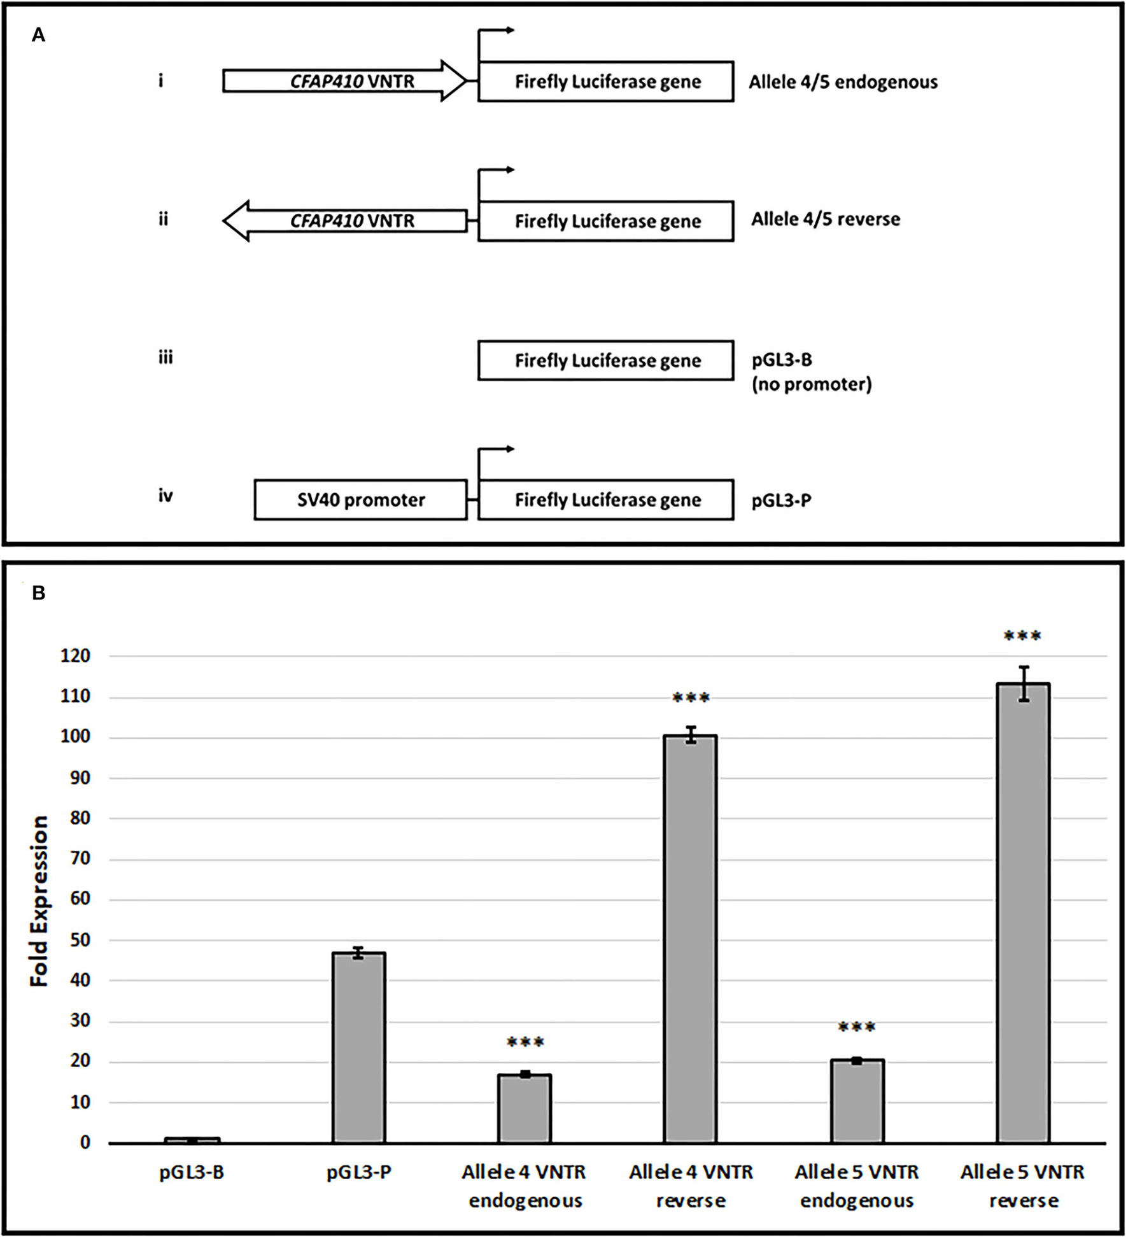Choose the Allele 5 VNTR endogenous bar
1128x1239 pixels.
click(857, 1101)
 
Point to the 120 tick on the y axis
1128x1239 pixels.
click(76, 656)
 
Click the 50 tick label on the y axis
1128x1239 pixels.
click(76, 940)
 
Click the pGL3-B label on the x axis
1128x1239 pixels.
click(192, 1172)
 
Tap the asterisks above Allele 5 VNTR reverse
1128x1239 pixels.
click(1022, 636)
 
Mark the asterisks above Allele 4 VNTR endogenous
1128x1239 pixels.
click(525, 1042)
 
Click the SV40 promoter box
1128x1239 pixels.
click(361, 500)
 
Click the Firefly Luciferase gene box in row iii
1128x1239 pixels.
click(606, 361)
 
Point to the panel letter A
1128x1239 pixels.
click(39, 36)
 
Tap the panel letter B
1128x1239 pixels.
click(39, 594)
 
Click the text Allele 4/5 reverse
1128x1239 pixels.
click(826, 220)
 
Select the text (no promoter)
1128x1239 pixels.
click(812, 384)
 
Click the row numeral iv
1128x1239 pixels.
click(166, 496)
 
